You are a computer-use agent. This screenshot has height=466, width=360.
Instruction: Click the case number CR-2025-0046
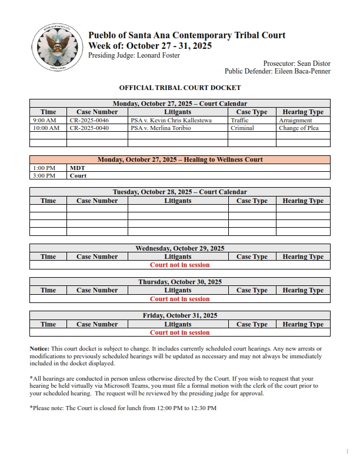(x=89, y=120)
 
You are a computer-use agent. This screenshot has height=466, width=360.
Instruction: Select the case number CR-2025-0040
(x=89, y=128)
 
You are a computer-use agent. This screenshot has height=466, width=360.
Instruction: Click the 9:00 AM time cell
(x=44, y=120)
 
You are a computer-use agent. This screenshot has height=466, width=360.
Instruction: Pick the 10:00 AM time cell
(x=46, y=128)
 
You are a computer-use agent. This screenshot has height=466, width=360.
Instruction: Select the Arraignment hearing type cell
(x=295, y=120)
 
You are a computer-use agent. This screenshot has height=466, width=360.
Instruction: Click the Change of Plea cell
(x=299, y=128)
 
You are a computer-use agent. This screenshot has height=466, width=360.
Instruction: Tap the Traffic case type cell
(x=240, y=120)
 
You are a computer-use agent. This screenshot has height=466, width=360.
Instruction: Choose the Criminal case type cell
(x=242, y=128)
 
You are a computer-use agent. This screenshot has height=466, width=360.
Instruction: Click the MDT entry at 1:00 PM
(x=77, y=168)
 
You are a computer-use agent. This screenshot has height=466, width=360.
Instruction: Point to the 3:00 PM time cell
(x=44, y=175)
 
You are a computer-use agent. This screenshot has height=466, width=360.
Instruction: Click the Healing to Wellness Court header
(x=180, y=159)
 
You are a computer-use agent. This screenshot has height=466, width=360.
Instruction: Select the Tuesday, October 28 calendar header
(x=180, y=192)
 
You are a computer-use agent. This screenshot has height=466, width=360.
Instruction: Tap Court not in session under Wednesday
(x=180, y=265)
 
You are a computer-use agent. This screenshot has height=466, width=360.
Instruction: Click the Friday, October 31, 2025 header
(x=180, y=315)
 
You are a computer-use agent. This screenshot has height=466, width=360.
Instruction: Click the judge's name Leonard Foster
(x=158, y=55)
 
